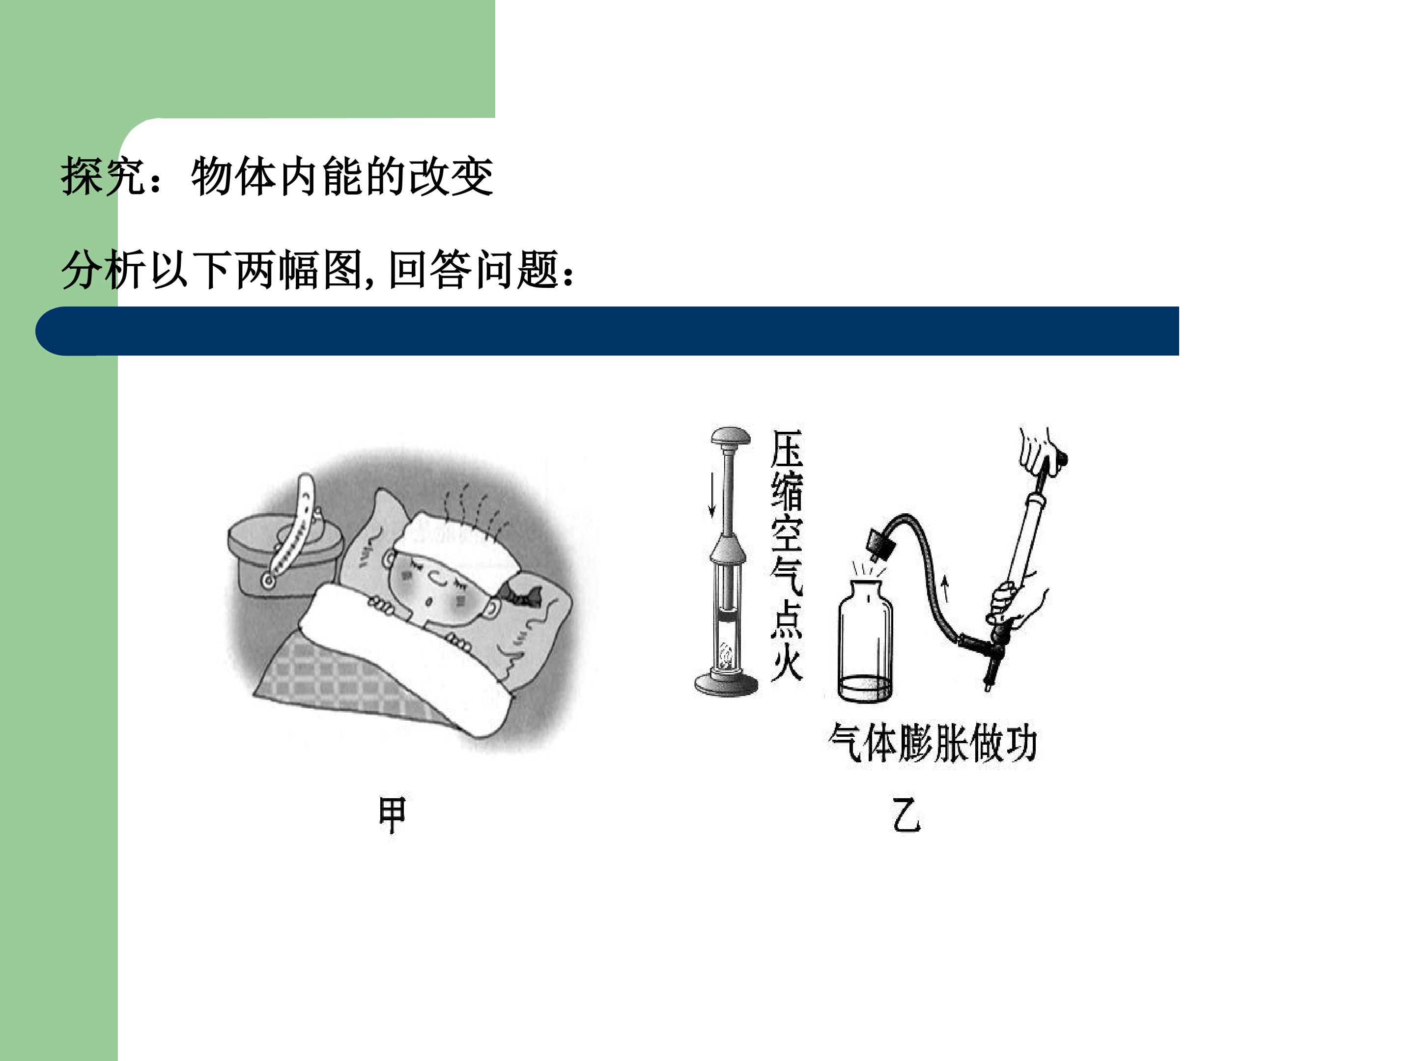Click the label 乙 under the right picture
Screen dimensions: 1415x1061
coord(906,815)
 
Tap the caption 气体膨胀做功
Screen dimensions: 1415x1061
coord(932,743)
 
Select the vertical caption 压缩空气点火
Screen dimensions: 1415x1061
coord(786,555)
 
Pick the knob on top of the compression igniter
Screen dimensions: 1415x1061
coord(731,438)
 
